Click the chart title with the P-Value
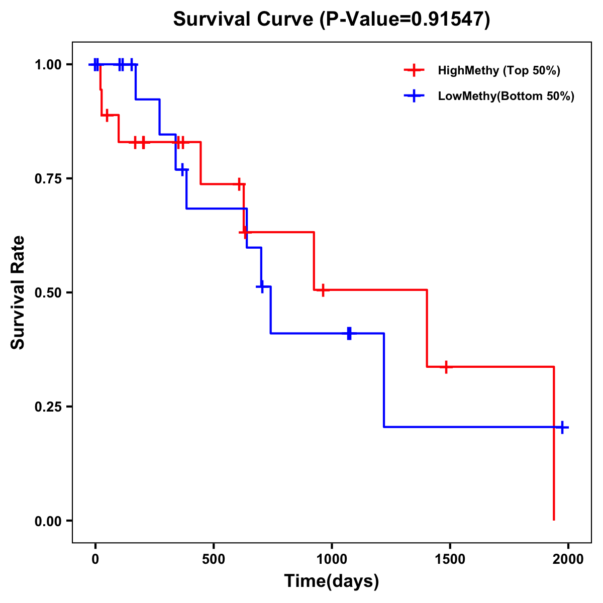(331, 19)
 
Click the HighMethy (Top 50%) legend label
(499, 70)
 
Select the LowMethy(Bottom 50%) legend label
(506, 96)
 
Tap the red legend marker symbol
(414, 70)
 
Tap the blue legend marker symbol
(414, 96)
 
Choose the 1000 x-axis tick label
(332, 559)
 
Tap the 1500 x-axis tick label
(450, 559)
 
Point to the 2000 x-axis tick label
(568, 559)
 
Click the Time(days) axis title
(332, 581)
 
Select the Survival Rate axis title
(18, 292)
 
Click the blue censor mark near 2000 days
(562, 428)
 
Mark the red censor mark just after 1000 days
(323, 290)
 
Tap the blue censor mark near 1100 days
(349, 333)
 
